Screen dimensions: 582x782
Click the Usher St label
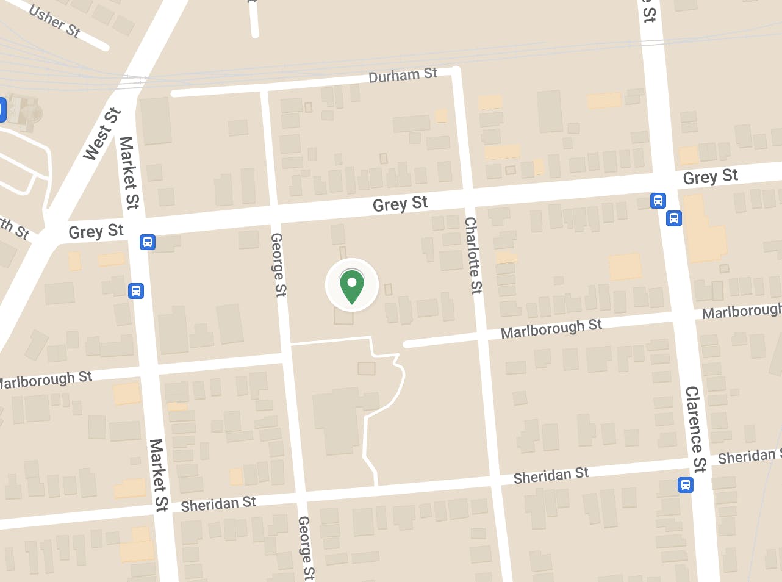[x=55, y=22]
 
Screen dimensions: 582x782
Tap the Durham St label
[x=403, y=76]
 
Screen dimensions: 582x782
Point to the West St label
[x=102, y=134]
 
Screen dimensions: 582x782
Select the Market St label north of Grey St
[x=129, y=173]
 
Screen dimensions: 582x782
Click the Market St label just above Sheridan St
[x=159, y=475]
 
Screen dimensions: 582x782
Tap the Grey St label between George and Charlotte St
[x=400, y=204]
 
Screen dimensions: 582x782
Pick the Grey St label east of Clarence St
[x=710, y=177]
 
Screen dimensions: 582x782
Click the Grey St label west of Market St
[x=96, y=231]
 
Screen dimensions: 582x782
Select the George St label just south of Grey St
[x=278, y=265]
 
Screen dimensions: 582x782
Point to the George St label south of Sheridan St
[x=306, y=547]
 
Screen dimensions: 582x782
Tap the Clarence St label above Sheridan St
[x=695, y=429]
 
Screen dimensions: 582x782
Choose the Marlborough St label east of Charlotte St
[x=551, y=328]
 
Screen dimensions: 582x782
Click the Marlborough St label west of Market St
[x=46, y=379]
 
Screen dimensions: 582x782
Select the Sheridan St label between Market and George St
[x=218, y=504]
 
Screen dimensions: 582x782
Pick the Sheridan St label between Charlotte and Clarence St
[x=551, y=475]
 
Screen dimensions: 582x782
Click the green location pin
[x=352, y=287]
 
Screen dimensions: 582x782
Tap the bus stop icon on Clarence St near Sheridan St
[x=686, y=485]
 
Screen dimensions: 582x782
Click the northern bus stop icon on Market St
[x=147, y=242]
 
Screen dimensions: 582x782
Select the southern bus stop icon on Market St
[x=136, y=290]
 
